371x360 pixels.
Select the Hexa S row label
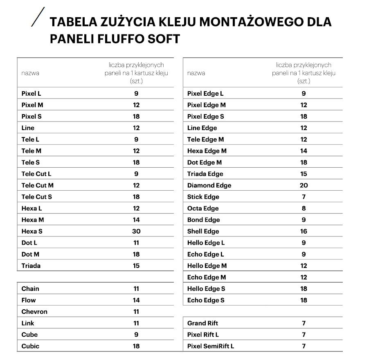pyautogui.click(x=32, y=231)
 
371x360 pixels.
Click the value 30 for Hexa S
pyautogui.click(x=136, y=231)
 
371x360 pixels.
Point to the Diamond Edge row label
pyautogui.click(x=209, y=185)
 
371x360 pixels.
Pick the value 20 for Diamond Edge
pyautogui.click(x=304, y=185)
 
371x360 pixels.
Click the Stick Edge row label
pyautogui.click(x=203, y=197)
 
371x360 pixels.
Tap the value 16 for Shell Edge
pyautogui.click(x=304, y=231)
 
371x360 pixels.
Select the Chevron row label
pyautogui.click(x=34, y=311)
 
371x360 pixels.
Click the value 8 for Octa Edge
pyautogui.click(x=304, y=208)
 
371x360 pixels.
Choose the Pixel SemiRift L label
pyautogui.click(x=211, y=346)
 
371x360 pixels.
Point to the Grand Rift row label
pyautogui.click(x=202, y=323)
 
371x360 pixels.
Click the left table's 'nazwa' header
pyautogui.click(x=30, y=73)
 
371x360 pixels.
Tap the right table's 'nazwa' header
pyautogui.click(x=196, y=73)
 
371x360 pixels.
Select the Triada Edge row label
pyautogui.click(x=205, y=174)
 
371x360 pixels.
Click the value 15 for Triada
pyautogui.click(x=136, y=265)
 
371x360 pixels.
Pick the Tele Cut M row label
pyautogui.click(x=37, y=185)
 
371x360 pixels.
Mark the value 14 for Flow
pyautogui.click(x=136, y=300)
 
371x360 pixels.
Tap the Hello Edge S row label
pyautogui.click(x=206, y=288)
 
